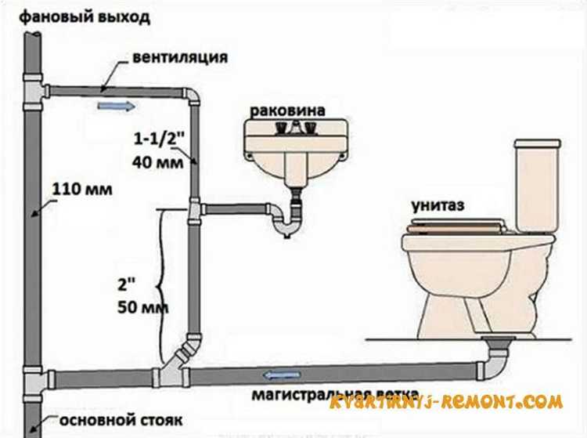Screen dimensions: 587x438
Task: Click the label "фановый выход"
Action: (85, 17)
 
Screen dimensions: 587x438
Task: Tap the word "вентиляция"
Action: (180, 57)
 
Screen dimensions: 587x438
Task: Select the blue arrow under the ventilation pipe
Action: (116, 106)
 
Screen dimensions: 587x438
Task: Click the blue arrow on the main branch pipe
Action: (283, 375)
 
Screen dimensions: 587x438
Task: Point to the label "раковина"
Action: (287, 110)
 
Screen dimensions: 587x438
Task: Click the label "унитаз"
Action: (438, 205)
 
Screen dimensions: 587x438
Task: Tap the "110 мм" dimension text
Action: (82, 189)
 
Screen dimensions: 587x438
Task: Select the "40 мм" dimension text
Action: (158, 162)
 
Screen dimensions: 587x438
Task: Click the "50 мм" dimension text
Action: (142, 307)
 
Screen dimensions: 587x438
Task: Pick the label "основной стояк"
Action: (121, 421)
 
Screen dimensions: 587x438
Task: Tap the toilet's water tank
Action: (538, 186)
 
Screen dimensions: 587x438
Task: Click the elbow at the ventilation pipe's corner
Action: (191, 96)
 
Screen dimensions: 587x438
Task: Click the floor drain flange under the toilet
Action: (497, 343)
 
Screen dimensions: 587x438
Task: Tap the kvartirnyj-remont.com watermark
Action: (446, 403)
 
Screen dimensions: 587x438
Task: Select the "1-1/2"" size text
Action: (159, 139)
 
